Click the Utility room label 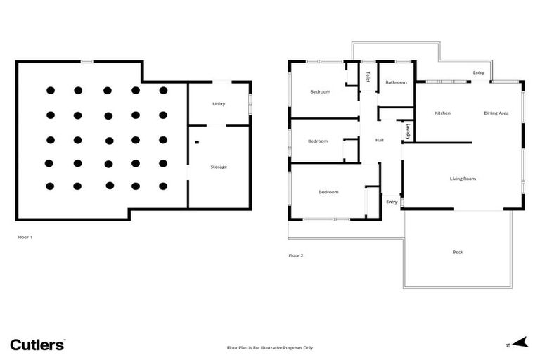tap(219, 104)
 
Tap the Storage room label tap(219, 167)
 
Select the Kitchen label tap(442, 113)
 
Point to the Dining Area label tap(496, 113)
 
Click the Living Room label tap(463, 179)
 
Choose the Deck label tap(458, 252)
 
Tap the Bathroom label tap(396, 82)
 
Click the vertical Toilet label tap(367, 77)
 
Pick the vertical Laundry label tap(409, 131)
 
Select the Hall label tap(380, 140)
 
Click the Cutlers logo tap(37, 345)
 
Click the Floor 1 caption tap(25, 237)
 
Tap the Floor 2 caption tap(296, 255)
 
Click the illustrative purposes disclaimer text tap(269, 347)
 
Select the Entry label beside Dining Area tap(478, 72)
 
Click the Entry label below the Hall tap(392, 202)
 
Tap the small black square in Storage tap(198, 143)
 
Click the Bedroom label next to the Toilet tap(321, 92)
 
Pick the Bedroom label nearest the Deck tap(328, 192)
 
